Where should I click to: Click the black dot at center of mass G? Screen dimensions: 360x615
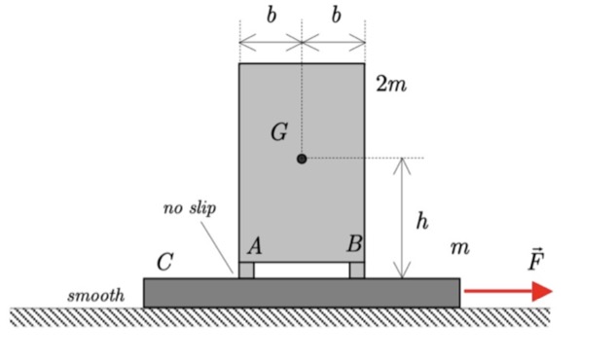coord(302,158)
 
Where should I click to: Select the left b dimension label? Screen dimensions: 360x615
coord(271,16)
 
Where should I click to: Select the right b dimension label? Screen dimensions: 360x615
coord(336,16)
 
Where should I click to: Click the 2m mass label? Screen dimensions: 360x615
coord(391,85)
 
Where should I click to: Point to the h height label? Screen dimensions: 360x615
coord(422,221)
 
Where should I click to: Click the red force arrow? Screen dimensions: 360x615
coord(507,291)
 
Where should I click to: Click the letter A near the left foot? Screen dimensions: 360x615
coord(255,246)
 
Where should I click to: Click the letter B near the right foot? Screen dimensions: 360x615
coord(354,245)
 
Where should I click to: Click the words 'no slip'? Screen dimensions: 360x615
coord(190,208)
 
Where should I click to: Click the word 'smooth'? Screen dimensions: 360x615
coord(96,294)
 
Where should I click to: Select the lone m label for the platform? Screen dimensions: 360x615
coord(459,249)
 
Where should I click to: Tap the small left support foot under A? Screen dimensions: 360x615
coord(247,270)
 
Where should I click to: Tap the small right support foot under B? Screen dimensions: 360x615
coord(357,270)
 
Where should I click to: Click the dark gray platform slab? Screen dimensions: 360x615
coord(302,293)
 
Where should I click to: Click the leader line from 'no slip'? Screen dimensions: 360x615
coord(219,243)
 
